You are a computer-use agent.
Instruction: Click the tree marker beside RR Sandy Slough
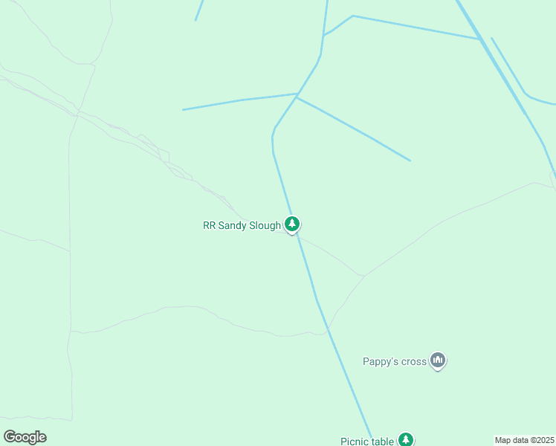(292, 224)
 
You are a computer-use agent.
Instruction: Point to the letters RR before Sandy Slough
(209, 225)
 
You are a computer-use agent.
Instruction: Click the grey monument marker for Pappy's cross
(438, 361)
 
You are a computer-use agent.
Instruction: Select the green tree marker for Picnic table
(405, 440)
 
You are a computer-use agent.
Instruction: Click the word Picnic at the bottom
(355, 442)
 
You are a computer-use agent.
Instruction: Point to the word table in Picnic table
(383, 442)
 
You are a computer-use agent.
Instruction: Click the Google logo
(25, 437)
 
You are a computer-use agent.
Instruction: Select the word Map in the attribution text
(503, 440)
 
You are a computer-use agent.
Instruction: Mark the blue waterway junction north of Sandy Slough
(297, 95)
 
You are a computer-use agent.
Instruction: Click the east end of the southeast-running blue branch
(410, 161)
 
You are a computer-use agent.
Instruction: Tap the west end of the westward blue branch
(183, 110)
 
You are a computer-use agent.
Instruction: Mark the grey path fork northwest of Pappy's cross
(363, 276)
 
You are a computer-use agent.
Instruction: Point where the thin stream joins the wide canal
(479, 39)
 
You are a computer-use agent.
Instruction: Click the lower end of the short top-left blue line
(195, 20)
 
